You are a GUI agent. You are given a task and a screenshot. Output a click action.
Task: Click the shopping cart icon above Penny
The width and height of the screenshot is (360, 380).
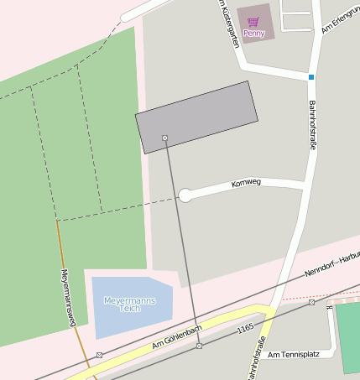[253, 21]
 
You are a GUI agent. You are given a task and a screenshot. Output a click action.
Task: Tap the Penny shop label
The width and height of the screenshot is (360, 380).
[254, 34]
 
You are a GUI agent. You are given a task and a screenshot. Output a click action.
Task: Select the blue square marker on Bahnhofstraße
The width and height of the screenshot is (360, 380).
[310, 77]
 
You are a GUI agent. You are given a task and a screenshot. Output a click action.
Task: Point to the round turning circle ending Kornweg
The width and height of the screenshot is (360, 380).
[185, 195]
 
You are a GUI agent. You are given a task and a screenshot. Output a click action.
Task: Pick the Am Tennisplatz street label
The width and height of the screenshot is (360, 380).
[291, 355]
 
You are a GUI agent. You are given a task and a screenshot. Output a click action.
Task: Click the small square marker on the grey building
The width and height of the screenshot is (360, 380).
[164, 137]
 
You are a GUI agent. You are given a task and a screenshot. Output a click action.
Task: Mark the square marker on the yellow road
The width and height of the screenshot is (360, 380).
[199, 346]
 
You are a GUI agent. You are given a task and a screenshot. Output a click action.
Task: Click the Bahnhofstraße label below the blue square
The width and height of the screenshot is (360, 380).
[311, 125]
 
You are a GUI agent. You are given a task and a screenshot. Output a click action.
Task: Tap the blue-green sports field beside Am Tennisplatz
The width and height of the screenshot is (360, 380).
[348, 336]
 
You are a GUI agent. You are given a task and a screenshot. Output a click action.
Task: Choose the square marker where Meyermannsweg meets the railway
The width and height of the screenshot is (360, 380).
[99, 355]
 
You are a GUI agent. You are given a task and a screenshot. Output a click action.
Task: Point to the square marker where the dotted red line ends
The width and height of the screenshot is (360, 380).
[311, 302]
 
